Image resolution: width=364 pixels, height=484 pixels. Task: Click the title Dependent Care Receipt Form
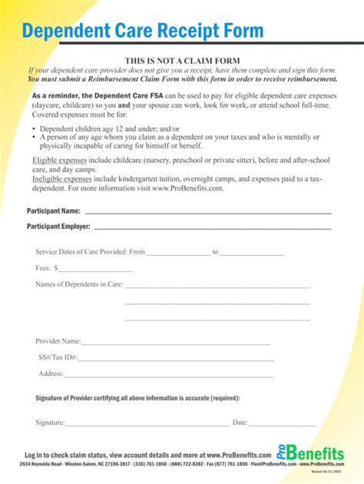143,31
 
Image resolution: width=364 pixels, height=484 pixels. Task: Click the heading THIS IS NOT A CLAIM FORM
183,61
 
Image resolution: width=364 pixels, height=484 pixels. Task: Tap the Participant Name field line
207,211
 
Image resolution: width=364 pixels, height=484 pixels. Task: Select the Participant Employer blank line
212,228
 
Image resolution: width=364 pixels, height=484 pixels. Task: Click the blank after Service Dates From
177,254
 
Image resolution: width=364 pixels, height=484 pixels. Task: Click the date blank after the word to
253,254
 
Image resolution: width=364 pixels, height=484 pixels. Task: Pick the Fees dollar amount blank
96,270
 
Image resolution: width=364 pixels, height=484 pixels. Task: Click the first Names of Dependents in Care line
217,287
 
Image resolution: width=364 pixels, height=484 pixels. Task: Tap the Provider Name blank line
176,343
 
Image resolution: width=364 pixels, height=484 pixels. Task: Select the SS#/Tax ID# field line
174,360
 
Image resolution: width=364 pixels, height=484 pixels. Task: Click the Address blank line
167,376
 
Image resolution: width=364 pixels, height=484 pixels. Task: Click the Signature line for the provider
147,424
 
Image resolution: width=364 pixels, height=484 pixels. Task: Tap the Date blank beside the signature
282,424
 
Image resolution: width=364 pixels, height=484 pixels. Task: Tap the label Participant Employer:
58,227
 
